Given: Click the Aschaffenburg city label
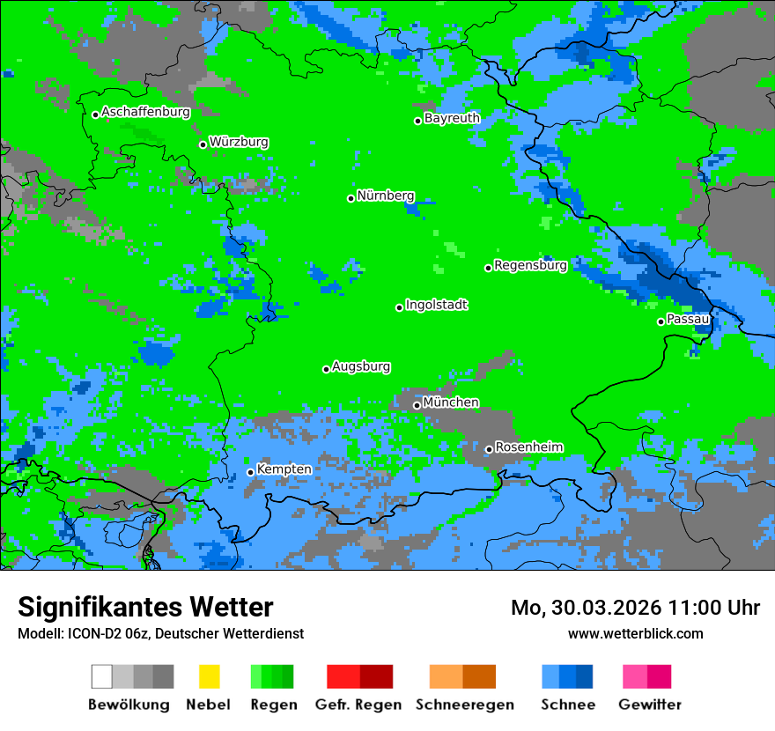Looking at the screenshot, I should [145, 113].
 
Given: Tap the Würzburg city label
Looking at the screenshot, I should [239, 142].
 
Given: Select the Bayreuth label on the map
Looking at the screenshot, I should [452, 118].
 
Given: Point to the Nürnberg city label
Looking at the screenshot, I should [386, 196].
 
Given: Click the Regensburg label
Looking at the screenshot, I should [530, 265].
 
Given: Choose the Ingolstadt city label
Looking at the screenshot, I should [436, 305].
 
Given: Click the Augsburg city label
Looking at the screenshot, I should [361, 366].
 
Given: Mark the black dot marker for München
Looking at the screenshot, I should [417, 405].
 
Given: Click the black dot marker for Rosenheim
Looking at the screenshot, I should [489, 449].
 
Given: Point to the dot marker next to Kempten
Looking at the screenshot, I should [251, 472].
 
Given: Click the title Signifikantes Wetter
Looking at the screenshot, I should [145, 608].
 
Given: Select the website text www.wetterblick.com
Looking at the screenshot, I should [635, 634].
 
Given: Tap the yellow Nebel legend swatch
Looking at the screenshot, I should [209, 676].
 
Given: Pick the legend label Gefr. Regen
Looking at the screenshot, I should [358, 705].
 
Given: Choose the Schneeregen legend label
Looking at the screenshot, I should [464, 705].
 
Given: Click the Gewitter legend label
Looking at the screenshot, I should [649, 705].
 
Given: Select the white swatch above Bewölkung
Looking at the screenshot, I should [102, 676].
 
